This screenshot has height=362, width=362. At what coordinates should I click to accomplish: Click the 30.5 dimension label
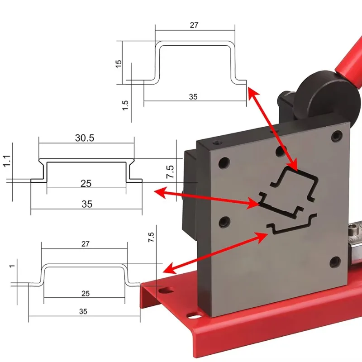click(85, 138)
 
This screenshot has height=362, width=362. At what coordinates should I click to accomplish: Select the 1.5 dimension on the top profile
click(126, 106)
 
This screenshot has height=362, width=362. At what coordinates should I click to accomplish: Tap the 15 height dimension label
click(119, 63)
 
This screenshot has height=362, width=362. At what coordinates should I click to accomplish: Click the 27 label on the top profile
click(194, 25)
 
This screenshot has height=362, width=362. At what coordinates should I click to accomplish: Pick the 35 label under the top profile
click(193, 97)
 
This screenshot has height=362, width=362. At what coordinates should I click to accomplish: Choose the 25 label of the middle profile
click(86, 183)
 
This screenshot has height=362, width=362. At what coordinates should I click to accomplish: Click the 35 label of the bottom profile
click(83, 311)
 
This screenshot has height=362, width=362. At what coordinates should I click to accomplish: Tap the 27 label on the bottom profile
click(85, 244)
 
